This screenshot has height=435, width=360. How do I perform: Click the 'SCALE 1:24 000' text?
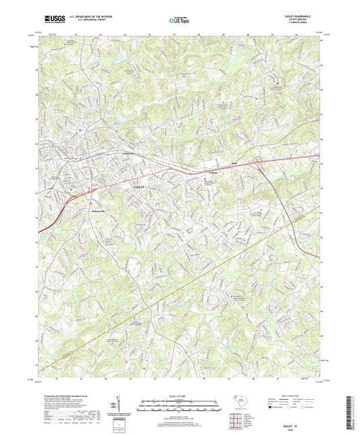(180, 395)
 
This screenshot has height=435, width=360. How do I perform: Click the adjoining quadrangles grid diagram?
(236, 422)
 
